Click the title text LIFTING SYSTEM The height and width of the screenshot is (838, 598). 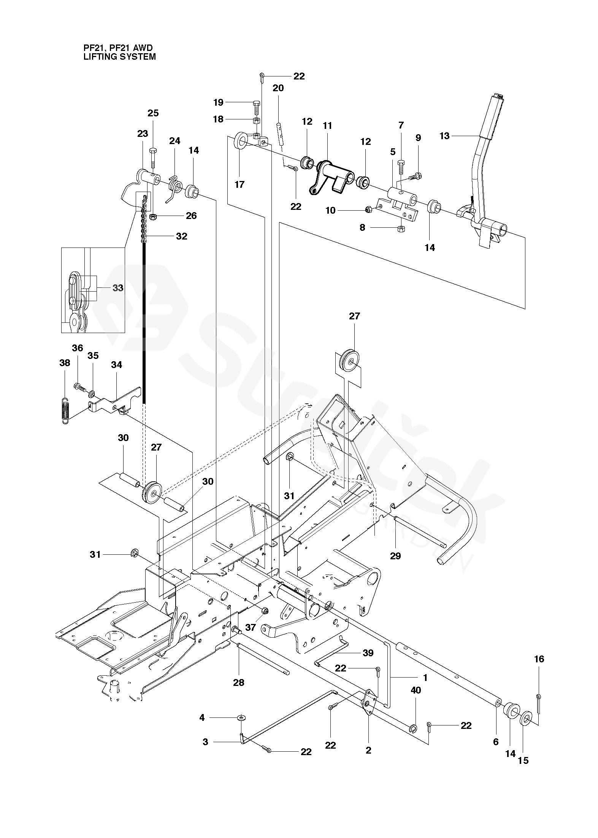tap(119, 57)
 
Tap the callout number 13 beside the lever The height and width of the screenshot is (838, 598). tap(444, 136)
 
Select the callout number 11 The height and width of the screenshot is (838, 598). tap(327, 125)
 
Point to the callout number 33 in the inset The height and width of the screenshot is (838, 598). tap(118, 288)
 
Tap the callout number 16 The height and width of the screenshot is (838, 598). tap(539, 659)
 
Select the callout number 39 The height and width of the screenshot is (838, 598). tap(368, 653)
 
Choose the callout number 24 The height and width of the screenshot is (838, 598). tap(174, 141)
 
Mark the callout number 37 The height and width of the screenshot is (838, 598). tap(250, 627)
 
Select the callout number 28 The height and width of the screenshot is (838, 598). tap(239, 682)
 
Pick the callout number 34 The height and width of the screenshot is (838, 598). tap(116, 365)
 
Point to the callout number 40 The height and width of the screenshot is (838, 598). tap(416, 690)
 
